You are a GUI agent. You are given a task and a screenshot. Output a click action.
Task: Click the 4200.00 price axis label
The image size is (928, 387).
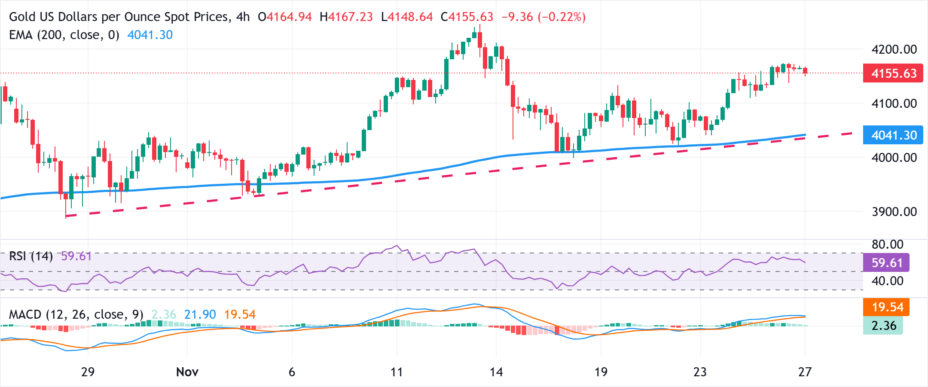coord(894,49)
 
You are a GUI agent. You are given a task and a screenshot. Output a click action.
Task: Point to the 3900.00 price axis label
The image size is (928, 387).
coord(894,212)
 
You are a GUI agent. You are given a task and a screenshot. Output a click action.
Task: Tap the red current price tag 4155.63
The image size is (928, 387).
coord(894,73)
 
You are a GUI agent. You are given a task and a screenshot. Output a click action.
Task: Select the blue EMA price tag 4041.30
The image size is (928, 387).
coord(894,135)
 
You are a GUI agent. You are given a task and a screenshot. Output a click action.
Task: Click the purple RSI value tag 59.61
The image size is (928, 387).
coord(886,263)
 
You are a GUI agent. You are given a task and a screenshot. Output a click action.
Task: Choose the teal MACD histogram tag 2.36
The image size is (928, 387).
coord(883,326)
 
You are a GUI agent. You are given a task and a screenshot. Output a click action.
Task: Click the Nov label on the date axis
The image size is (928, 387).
coord(187,372)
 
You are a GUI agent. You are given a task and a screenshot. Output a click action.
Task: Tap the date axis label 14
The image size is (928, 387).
coord(496,372)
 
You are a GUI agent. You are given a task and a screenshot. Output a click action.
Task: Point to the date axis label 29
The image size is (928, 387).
coord(88,372)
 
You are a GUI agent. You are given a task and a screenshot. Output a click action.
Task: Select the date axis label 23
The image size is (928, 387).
coord(700,372)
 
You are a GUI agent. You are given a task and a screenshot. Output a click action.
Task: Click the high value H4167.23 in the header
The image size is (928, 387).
coord(346,17)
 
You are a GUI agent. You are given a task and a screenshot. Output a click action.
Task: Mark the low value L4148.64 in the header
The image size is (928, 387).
coord(407,17)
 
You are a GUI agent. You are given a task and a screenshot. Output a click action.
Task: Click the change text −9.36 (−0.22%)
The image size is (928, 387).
coord(543,17)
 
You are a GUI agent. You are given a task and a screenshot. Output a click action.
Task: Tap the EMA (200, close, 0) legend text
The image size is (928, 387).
coord(64,35)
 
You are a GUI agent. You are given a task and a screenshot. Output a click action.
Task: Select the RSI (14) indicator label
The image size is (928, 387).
coord(31,256)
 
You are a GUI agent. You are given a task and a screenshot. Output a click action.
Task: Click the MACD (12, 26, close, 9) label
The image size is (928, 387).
coord(76,314)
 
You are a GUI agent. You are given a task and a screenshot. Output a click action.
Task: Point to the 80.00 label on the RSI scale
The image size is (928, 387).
coord(887,244)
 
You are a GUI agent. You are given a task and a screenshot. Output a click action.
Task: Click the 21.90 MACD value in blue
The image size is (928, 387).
coord(200,314)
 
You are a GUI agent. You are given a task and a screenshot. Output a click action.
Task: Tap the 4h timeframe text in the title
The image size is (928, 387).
coord(243,17)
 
